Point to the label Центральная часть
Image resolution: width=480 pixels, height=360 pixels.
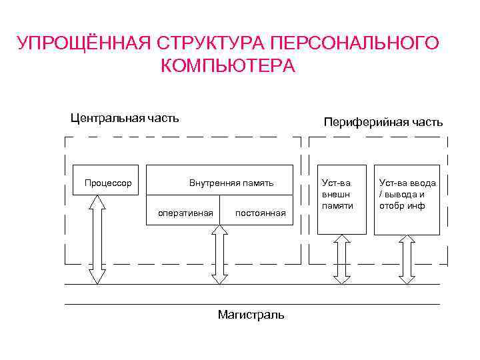[x=125, y=119]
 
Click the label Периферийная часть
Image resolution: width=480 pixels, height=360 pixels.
[x=383, y=122]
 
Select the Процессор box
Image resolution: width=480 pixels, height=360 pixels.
[x=106, y=180]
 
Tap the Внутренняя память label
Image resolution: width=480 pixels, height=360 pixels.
[x=231, y=183]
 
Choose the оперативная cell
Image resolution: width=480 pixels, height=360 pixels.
[x=185, y=213]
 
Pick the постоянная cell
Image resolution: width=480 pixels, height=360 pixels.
[x=260, y=213]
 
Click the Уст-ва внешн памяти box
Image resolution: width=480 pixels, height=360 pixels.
[x=341, y=199]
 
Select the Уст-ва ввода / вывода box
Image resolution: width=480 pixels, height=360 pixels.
[x=407, y=199]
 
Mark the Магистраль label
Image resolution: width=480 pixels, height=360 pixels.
[x=251, y=315]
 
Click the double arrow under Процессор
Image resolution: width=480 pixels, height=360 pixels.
[x=97, y=239]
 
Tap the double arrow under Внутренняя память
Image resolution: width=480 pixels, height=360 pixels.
[x=218, y=254]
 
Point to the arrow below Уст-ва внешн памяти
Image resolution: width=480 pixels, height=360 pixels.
[x=341, y=259]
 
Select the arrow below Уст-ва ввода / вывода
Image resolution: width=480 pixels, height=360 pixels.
[x=407, y=259]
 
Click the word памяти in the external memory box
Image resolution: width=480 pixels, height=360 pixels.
[x=337, y=206]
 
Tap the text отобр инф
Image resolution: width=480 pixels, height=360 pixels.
[x=402, y=205]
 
